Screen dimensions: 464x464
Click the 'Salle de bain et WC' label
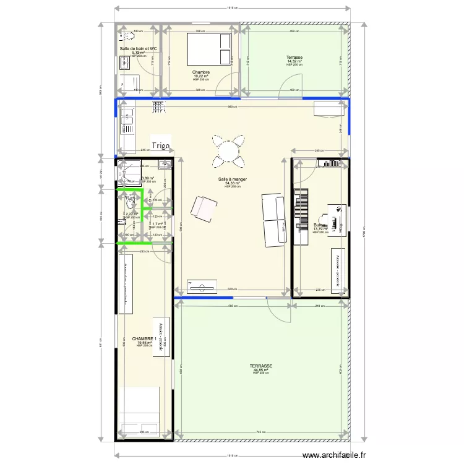[138, 48]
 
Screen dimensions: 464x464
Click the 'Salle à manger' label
[232, 180]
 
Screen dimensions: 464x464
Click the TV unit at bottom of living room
[200, 286]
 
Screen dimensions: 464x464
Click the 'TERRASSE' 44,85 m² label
[261, 366]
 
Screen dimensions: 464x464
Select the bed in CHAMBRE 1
[139, 413]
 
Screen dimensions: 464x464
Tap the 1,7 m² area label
[157, 225]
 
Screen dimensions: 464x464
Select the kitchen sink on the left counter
[128, 118]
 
